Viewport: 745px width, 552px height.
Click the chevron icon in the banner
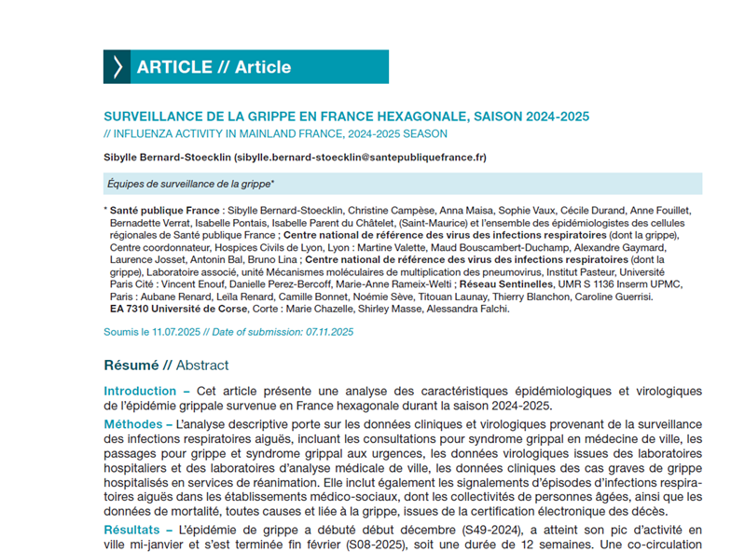pyautogui.click(x=117, y=67)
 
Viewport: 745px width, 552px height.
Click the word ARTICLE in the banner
pyautogui.click(x=174, y=67)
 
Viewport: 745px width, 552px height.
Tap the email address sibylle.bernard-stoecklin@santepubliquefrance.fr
pyautogui.click(x=360, y=158)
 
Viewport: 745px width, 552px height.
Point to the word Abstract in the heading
pyautogui.click(x=202, y=365)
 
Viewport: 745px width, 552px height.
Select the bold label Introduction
pyautogui.click(x=140, y=391)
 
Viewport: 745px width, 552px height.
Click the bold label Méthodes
pyautogui.click(x=133, y=425)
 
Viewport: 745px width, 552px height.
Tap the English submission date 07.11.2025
pyautogui.click(x=329, y=332)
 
